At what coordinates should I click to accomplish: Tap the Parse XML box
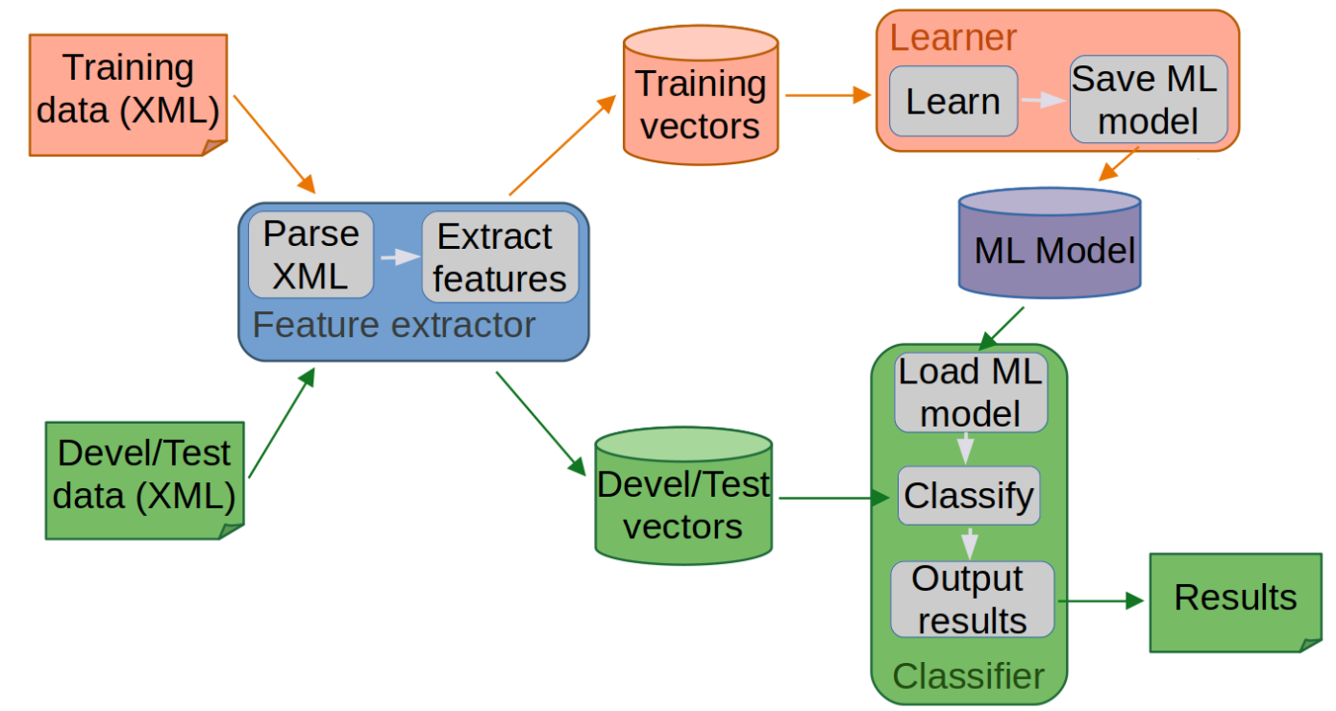coord(310,255)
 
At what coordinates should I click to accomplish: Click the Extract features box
coord(499,257)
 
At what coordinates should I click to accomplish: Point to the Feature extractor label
coord(393,325)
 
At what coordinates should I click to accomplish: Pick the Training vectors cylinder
coord(700,96)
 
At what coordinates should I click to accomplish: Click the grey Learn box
coord(953,101)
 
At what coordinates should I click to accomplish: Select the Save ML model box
coord(1148,100)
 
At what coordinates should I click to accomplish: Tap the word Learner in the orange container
coord(953,37)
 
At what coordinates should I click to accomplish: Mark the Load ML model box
coord(971,393)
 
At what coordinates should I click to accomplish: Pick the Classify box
coord(969,496)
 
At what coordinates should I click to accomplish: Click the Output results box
coord(971,600)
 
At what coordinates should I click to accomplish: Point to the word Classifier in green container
coord(968,675)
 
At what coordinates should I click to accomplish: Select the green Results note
coord(1235,600)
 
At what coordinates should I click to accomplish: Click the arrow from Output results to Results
coord(1101,601)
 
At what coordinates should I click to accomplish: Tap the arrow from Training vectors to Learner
coord(828,95)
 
